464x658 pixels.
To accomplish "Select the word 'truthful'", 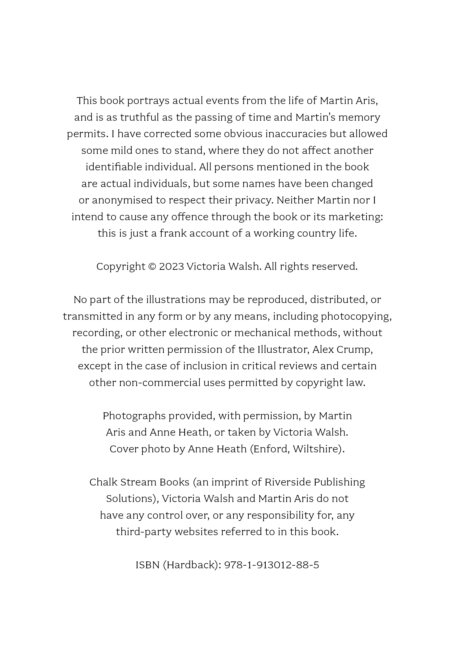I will click(x=139, y=117).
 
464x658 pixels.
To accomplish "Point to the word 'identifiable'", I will click(x=114, y=167).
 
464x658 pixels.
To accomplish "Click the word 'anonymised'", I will click(x=122, y=200).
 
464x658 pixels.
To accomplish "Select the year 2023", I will click(x=171, y=267).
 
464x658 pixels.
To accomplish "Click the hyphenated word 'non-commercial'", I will click(x=160, y=383).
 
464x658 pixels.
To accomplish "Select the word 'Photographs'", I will click(x=134, y=416).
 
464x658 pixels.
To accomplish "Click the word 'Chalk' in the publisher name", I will click(x=103, y=482).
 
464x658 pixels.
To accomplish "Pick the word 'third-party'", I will click(x=144, y=532).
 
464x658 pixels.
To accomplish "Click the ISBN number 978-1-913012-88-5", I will click(x=271, y=565).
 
